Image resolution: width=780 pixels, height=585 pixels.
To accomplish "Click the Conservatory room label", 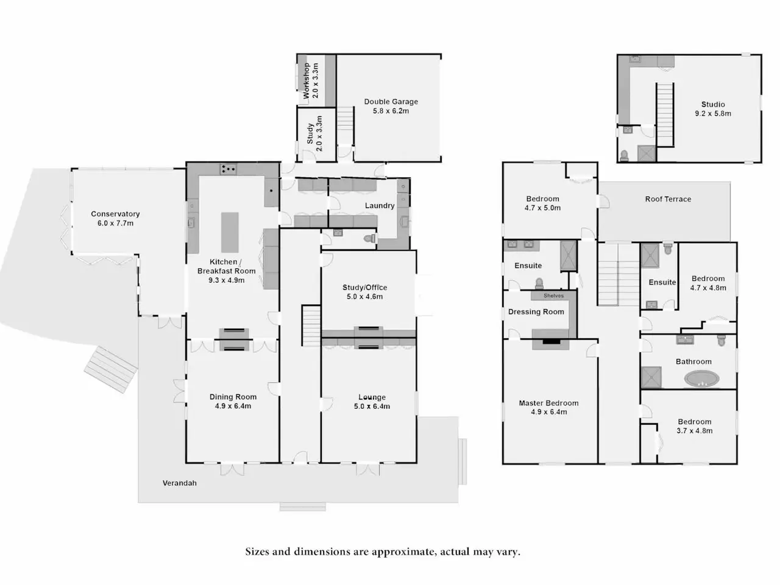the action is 115,214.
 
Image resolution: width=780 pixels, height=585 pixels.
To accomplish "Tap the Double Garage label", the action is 391,102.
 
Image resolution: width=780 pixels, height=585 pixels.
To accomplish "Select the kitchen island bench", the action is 230,232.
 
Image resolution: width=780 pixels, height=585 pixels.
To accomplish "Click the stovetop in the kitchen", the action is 228,169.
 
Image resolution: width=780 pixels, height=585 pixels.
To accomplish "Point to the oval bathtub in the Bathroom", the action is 701,378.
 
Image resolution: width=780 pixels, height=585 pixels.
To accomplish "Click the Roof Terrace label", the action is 668,199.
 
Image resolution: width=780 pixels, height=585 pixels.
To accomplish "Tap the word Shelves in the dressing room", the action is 553,296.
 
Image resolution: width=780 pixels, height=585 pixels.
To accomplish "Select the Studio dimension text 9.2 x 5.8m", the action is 713,114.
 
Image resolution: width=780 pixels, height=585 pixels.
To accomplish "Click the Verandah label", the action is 179,483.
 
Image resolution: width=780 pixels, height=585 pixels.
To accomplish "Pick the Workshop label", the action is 307,80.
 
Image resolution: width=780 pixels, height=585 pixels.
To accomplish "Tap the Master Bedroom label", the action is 548,403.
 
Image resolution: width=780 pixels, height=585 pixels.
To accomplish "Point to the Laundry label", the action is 380,205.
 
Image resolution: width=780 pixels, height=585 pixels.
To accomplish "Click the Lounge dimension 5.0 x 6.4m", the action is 372,406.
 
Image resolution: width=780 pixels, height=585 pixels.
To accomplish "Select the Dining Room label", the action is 233,397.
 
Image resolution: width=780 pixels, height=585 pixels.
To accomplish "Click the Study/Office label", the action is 364,288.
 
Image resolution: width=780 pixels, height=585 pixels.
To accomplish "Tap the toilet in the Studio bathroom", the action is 624,155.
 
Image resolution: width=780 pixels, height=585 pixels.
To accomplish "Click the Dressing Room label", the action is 536,312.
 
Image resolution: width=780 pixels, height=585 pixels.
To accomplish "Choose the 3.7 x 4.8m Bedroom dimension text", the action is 694,431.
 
